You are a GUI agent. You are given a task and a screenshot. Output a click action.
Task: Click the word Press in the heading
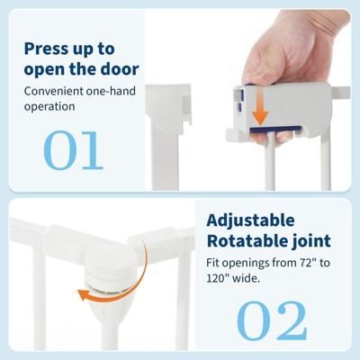tap(46, 49)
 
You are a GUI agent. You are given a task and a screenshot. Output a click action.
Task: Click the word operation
tap(49, 106)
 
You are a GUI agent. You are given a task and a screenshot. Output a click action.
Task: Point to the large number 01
tap(74, 150)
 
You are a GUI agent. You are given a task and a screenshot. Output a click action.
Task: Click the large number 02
tap(273, 320)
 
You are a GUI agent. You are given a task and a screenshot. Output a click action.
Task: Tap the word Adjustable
tap(250, 221)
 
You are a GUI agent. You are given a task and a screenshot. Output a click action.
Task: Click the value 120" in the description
tap(218, 279)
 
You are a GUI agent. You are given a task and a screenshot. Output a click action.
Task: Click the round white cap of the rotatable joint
tap(107, 259)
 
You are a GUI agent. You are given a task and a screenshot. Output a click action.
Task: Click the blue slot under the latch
tap(275, 129)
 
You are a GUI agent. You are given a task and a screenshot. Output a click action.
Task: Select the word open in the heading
tap(45, 70)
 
